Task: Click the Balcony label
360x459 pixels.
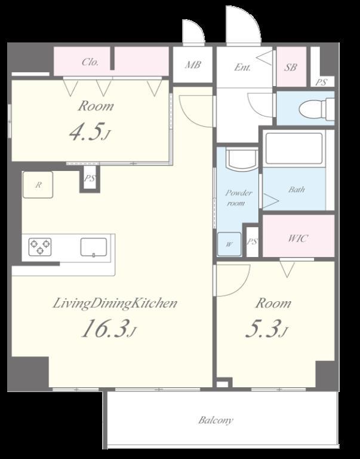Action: (216, 420)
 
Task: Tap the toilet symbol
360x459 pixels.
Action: (316, 109)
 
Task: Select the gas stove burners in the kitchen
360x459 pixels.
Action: (40, 247)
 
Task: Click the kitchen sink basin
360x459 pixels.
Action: (94, 247)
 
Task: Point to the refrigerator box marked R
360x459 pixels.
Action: (38, 185)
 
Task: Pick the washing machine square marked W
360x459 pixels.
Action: (229, 244)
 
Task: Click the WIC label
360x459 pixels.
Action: (298, 238)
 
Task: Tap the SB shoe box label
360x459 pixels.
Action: (290, 68)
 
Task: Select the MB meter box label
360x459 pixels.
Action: (193, 65)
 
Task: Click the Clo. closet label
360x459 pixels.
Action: (90, 62)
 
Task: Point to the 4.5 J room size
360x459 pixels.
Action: (90, 131)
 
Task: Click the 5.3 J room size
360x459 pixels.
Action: (267, 329)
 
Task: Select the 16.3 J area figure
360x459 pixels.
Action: (109, 329)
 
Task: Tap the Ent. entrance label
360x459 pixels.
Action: (242, 68)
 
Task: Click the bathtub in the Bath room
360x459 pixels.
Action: (294, 148)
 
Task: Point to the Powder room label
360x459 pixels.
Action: (238, 198)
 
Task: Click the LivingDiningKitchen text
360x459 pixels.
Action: (115, 304)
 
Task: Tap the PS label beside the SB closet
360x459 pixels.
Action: (321, 82)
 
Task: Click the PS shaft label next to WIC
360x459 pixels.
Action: (253, 241)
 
